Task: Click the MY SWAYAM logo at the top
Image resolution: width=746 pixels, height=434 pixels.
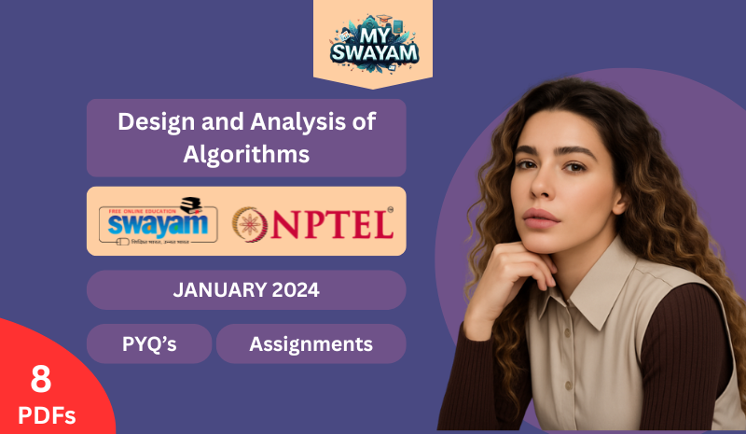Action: pyautogui.click(x=372, y=42)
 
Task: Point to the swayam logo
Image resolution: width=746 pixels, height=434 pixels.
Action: pyautogui.click(x=158, y=221)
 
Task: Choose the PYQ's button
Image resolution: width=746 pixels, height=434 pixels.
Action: pyautogui.click(x=149, y=344)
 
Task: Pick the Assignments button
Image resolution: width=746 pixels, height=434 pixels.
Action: pyautogui.click(x=311, y=344)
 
